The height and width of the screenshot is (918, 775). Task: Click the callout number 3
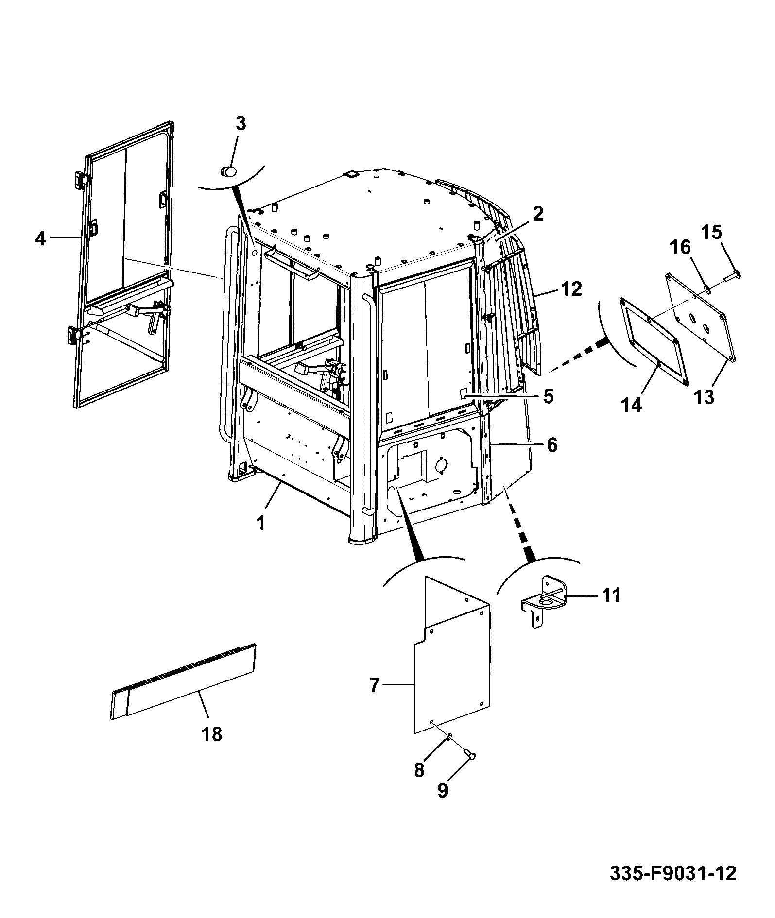click(x=241, y=124)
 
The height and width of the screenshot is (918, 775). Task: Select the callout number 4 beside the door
click(x=40, y=238)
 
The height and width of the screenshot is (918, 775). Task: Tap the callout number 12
click(x=570, y=289)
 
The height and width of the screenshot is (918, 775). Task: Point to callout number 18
click(x=212, y=734)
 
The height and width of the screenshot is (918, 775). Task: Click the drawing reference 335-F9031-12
click(x=673, y=873)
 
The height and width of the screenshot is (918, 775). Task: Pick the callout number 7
click(x=374, y=686)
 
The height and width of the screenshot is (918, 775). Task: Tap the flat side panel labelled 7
click(x=452, y=656)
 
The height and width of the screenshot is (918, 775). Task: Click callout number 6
click(x=552, y=445)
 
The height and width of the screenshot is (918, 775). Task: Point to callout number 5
click(x=548, y=396)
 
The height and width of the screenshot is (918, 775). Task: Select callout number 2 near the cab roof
click(x=537, y=214)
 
